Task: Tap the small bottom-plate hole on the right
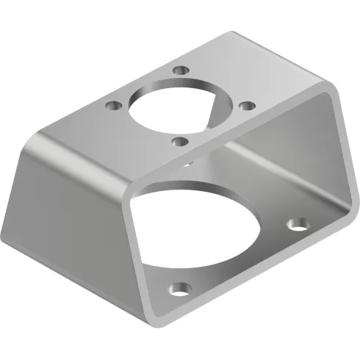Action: (x=297, y=222)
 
